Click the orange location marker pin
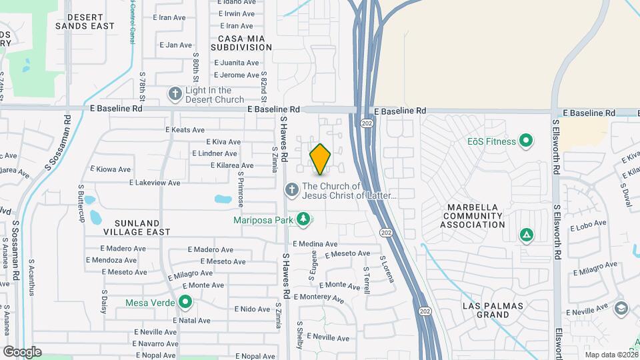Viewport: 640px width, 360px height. pyautogui.click(x=321, y=158)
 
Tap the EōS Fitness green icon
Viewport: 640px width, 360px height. pyautogui.click(x=526, y=141)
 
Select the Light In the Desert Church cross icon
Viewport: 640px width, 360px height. pyautogui.click(x=175, y=93)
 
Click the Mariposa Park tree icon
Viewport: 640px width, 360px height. pyautogui.click(x=303, y=219)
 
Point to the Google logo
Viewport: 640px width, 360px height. pyautogui.click(x=22, y=352)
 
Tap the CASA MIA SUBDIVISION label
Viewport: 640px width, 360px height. pyautogui.click(x=241, y=43)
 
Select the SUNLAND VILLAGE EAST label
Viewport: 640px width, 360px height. pyautogui.click(x=127, y=227)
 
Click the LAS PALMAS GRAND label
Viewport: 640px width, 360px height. pyautogui.click(x=494, y=310)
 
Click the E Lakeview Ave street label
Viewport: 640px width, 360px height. pyautogui.click(x=155, y=182)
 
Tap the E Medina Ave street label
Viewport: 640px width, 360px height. pyautogui.click(x=315, y=244)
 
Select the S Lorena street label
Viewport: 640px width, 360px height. pyautogui.click(x=387, y=268)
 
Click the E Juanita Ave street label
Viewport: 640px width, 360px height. pyautogui.click(x=236, y=63)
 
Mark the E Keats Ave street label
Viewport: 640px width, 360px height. pyautogui.click(x=185, y=130)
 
